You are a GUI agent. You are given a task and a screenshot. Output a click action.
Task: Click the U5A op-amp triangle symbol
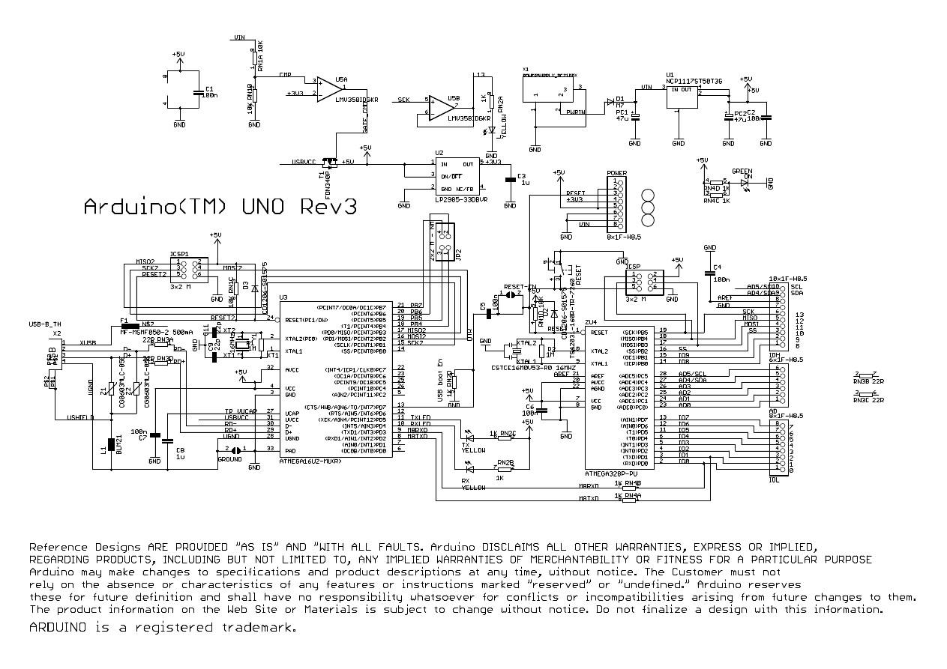point(328,88)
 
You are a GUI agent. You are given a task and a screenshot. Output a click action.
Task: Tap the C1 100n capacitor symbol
point(197,92)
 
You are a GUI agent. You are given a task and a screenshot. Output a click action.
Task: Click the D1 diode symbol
point(610,101)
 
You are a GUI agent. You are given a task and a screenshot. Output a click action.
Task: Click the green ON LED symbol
point(745,181)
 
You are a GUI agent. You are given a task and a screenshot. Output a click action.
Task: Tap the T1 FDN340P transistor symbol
point(327,163)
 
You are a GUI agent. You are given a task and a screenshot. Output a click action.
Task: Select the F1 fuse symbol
point(125,328)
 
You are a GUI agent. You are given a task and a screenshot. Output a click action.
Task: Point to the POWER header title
point(616,173)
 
